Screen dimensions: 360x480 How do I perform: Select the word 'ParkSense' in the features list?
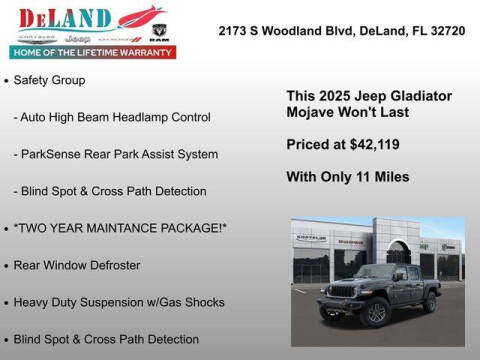pos(52,154)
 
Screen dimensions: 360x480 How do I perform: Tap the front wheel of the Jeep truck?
pos(377,313)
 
